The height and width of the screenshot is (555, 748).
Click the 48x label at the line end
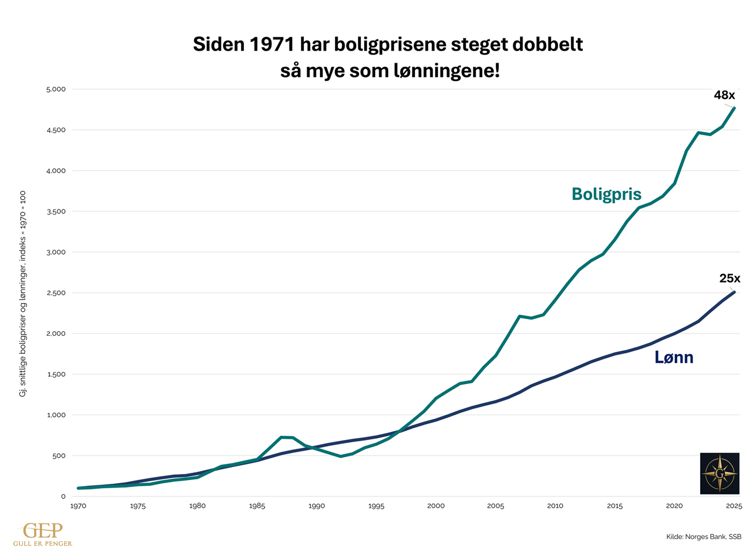click(724, 95)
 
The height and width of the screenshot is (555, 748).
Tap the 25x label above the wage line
click(729, 279)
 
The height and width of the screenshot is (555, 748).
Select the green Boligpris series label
click(606, 194)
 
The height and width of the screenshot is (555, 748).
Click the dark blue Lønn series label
click(674, 358)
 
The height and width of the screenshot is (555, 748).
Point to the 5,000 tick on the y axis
click(56, 89)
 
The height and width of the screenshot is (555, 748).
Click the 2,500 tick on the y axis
click(56, 293)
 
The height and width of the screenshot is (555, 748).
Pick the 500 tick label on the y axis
click(59, 456)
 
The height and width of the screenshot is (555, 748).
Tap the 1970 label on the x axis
click(78, 506)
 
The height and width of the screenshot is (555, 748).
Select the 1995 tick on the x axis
click(376, 506)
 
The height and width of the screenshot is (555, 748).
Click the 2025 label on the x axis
click(734, 506)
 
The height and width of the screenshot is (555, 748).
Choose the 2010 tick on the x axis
click(555, 506)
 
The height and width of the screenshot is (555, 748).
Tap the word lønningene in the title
click(438, 71)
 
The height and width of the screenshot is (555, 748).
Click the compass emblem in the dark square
click(719, 473)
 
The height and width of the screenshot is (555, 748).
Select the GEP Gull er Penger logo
click(43, 534)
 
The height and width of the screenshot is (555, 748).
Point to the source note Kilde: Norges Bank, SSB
click(703, 537)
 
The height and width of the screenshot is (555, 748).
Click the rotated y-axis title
click(23, 293)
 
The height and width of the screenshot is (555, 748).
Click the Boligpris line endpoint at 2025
click(734, 108)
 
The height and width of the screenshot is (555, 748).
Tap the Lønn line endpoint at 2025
click(734, 292)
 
